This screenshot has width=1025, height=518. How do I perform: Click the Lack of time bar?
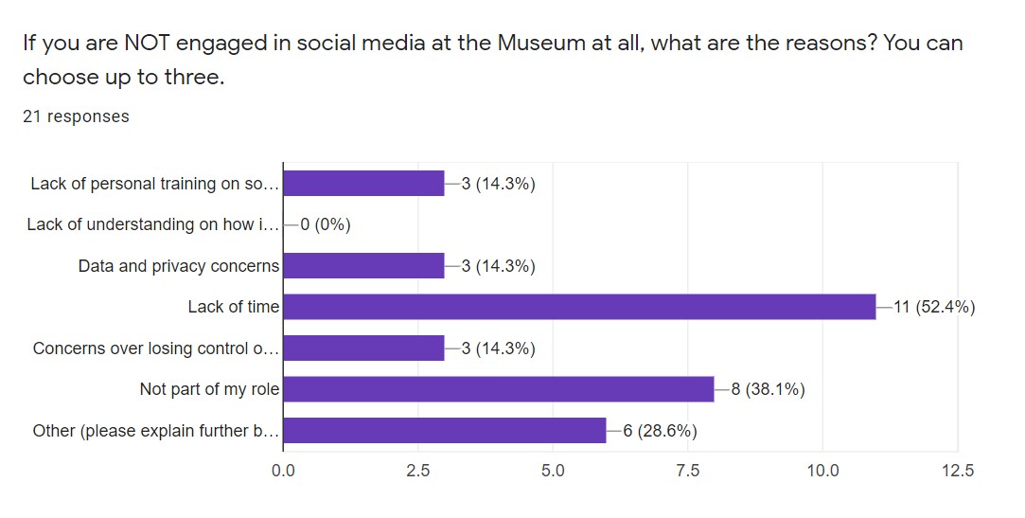[579, 307]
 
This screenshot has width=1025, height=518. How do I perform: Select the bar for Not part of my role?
[499, 389]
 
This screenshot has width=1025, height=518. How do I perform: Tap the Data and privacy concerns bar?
[363, 266]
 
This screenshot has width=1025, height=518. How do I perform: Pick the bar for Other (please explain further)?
[445, 431]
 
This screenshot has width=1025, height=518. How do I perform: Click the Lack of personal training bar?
[363, 184]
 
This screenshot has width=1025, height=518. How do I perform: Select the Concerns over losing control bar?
[363, 348]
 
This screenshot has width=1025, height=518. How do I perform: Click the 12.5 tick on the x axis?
[957, 470]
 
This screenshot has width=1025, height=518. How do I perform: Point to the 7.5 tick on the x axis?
[687, 470]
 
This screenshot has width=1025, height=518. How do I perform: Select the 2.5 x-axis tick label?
[417, 470]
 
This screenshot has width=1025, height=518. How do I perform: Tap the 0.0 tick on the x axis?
[283, 470]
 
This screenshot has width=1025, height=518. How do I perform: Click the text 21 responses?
[76, 116]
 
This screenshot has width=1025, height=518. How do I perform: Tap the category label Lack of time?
[233, 307]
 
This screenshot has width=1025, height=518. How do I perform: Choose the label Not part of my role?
[209, 389]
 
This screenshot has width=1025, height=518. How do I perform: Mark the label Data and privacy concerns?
[179, 266]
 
